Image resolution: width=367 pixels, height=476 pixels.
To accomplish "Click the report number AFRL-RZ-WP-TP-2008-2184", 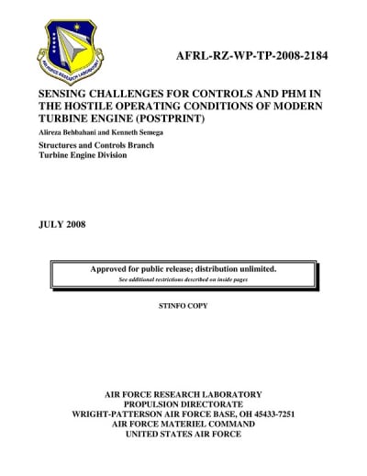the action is point(251,57).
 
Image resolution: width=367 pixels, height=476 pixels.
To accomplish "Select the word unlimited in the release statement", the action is point(254,268).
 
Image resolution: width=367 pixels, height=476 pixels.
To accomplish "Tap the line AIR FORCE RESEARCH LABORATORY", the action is point(183,393).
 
